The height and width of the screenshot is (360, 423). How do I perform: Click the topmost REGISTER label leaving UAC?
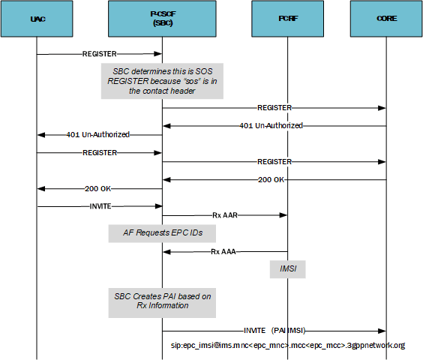click(100, 54)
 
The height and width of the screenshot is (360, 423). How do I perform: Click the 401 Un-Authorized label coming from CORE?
click(271, 125)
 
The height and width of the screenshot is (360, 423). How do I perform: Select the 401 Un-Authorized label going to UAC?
click(99, 135)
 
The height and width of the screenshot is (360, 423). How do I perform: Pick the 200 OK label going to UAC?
click(100, 188)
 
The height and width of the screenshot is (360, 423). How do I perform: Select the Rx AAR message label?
click(226, 215)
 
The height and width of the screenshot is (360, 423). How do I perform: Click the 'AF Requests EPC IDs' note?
click(163, 233)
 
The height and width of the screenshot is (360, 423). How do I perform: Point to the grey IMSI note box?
click(288, 268)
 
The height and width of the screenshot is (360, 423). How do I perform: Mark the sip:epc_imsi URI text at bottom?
click(288, 346)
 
